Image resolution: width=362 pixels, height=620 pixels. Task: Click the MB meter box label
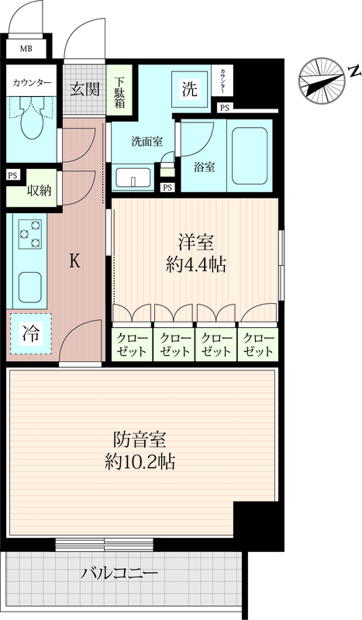coord(26,49)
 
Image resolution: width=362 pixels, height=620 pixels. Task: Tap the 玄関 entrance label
coord(84,90)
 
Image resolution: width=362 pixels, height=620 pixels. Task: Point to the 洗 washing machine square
coord(189,89)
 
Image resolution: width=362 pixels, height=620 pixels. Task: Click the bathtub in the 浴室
coord(250,156)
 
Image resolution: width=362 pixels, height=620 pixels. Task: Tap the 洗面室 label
coord(147,142)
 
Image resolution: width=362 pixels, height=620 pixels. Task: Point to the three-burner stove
coord(30,234)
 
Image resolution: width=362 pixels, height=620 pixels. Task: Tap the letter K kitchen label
coord(74,261)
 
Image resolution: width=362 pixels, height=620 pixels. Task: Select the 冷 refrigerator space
coord(31,334)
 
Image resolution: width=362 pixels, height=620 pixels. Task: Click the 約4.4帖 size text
coord(196,265)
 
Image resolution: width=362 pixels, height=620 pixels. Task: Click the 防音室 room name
coord(140,439)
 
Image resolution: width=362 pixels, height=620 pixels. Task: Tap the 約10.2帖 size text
coord(140,461)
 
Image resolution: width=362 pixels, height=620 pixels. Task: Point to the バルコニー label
coord(119,572)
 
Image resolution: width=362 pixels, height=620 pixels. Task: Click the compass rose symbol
coord(322,81)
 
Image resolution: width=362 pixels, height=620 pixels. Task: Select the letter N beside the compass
coord(355,71)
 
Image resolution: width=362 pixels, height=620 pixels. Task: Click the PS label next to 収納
coord(12,175)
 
